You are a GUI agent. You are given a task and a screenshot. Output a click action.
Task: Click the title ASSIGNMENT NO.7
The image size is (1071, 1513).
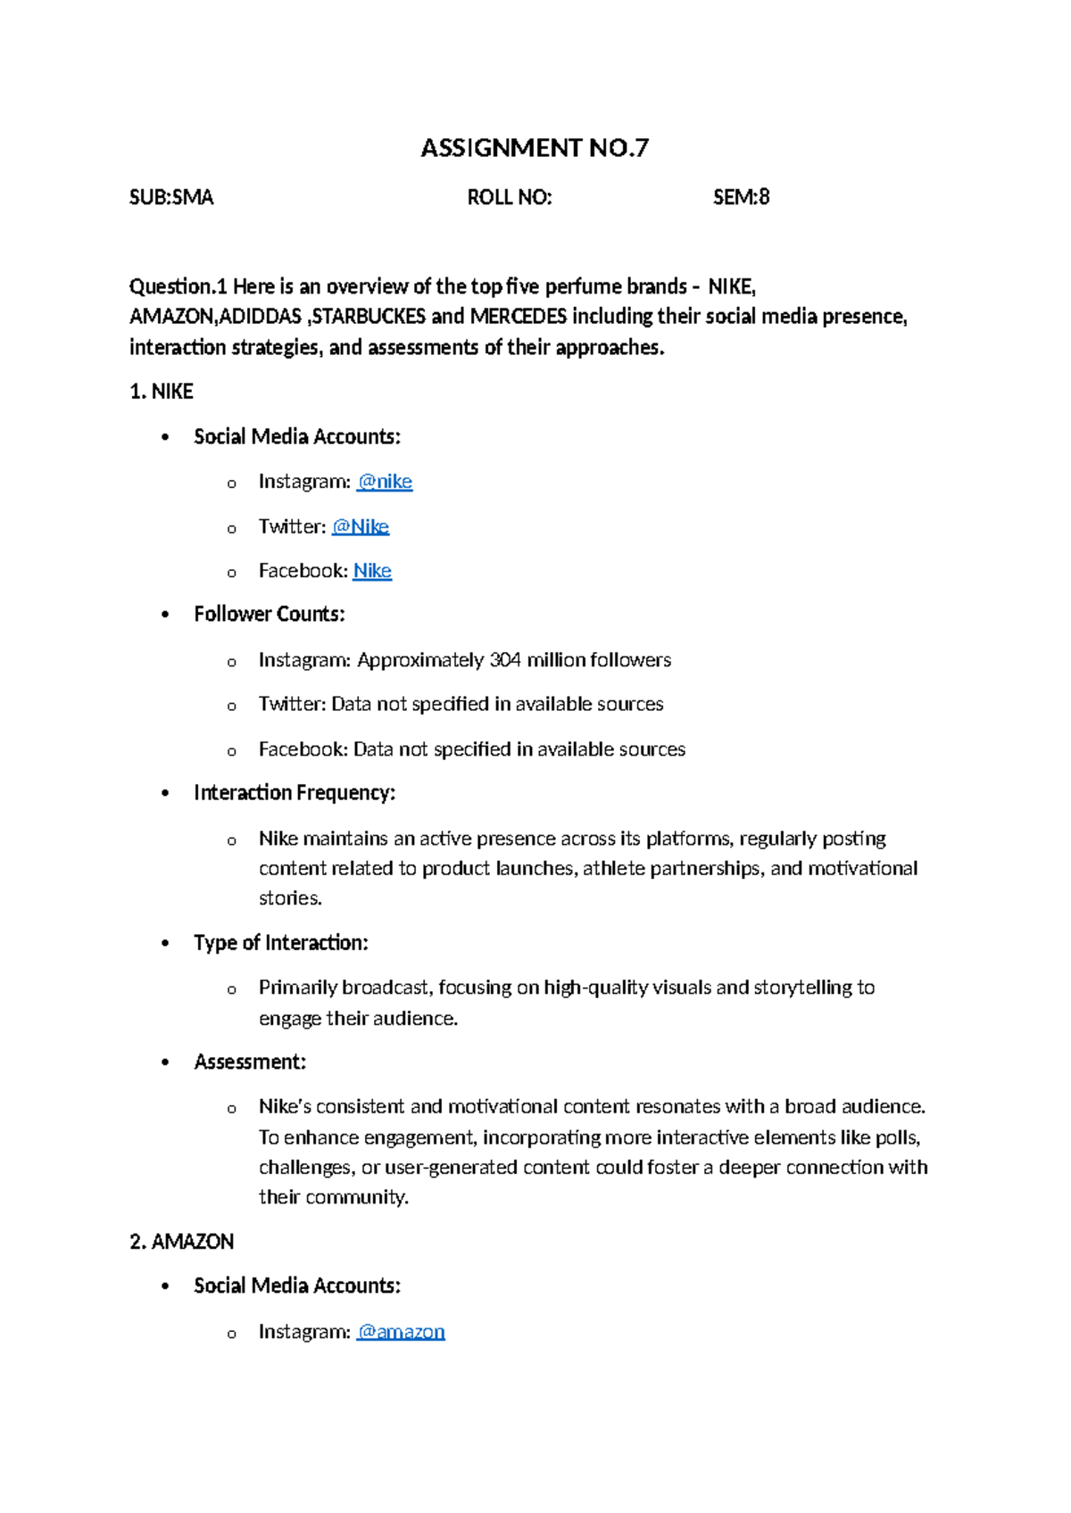pos(535,148)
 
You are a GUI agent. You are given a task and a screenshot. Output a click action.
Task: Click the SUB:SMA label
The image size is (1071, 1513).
pos(171,197)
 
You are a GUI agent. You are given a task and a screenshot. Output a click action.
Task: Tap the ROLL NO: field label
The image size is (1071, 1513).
pos(510,197)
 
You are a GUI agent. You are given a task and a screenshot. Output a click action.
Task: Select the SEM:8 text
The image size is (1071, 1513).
pos(741,197)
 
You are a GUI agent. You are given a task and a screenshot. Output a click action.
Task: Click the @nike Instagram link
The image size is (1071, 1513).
pos(385,482)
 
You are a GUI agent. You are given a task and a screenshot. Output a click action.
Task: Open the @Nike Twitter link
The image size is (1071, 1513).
pos(361,526)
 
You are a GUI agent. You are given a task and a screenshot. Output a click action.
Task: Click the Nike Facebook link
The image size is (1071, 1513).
pos(372,571)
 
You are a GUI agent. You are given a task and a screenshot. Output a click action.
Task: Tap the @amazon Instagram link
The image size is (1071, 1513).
pos(401,1332)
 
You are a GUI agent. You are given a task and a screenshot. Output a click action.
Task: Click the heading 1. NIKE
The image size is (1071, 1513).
pos(162,392)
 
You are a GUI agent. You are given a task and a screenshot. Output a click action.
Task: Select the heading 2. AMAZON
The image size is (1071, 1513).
pos(182,1242)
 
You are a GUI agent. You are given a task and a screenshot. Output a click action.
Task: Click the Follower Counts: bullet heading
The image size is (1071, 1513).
pos(270,615)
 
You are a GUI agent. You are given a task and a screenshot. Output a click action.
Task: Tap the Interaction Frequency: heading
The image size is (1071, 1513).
pos(295,793)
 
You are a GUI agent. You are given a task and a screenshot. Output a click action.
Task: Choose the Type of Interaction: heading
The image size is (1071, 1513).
pos(281,943)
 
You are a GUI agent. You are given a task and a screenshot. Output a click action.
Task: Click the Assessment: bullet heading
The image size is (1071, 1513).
pos(250,1062)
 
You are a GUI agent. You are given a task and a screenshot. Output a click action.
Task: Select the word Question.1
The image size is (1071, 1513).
pos(178,286)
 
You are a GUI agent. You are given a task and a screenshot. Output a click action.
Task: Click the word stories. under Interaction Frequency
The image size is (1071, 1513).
pos(290,898)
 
